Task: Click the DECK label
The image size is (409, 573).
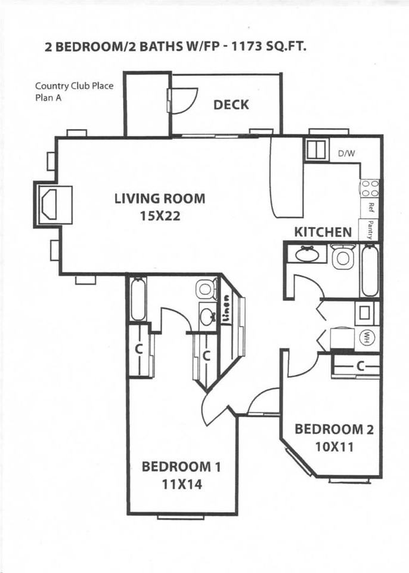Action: tap(231, 105)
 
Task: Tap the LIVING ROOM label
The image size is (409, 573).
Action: tap(159, 199)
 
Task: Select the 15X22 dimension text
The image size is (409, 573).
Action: tap(159, 216)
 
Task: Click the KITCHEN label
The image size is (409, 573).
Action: tap(323, 232)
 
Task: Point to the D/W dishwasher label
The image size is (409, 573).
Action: tap(346, 153)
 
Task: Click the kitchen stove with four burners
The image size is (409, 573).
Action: tap(370, 189)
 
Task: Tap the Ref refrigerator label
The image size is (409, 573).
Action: tap(371, 208)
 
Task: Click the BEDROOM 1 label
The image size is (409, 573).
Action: tap(181, 466)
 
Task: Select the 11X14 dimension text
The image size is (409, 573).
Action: tap(181, 484)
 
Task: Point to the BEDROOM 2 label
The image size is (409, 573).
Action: tap(334, 429)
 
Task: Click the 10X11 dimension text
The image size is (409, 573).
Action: tap(334, 446)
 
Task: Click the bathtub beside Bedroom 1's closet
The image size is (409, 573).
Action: tap(138, 298)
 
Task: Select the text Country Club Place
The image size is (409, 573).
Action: tap(74, 85)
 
